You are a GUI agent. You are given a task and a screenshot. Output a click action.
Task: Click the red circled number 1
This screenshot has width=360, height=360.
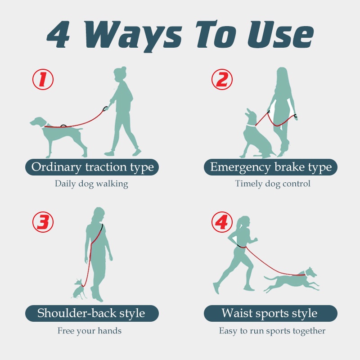pyautogui.click(x=43, y=80)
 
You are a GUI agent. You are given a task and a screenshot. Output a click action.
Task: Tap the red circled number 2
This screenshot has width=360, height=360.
pyautogui.click(x=222, y=80)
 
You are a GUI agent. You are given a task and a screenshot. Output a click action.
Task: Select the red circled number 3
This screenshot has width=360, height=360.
pyautogui.click(x=43, y=222)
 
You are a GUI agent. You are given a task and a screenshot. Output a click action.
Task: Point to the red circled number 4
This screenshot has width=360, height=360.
pyautogui.click(x=222, y=222)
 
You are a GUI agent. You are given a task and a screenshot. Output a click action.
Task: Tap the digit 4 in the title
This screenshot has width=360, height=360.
pyautogui.click(x=58, y=35)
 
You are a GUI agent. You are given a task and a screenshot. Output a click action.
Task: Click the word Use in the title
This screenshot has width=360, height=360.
pyautogui.click(x=280, y=35)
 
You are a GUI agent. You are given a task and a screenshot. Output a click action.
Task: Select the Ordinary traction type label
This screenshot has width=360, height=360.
pyautogui.click(x=92, y=167)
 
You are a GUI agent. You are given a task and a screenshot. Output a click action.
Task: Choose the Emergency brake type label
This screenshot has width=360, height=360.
pyautogui.click(x=270, y=167)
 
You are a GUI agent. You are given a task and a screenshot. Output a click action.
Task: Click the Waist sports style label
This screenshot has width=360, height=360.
pyautogui.click(x=270, y=313)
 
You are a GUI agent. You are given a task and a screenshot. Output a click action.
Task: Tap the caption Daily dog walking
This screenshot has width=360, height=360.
pyautogui.click(x=91, y=184)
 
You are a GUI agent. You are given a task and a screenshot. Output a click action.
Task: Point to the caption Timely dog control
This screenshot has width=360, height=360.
pyautogui.click(x=273, y=184)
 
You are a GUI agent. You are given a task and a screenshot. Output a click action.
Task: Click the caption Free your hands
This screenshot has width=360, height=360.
pyautogui.click(x=90, y=331)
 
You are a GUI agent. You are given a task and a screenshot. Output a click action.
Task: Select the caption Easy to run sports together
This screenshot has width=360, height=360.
pyautogui.click(x=272, y=331)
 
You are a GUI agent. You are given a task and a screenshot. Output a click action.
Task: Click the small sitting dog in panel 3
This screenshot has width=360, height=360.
pyautogui.click(x=79, y=290)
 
